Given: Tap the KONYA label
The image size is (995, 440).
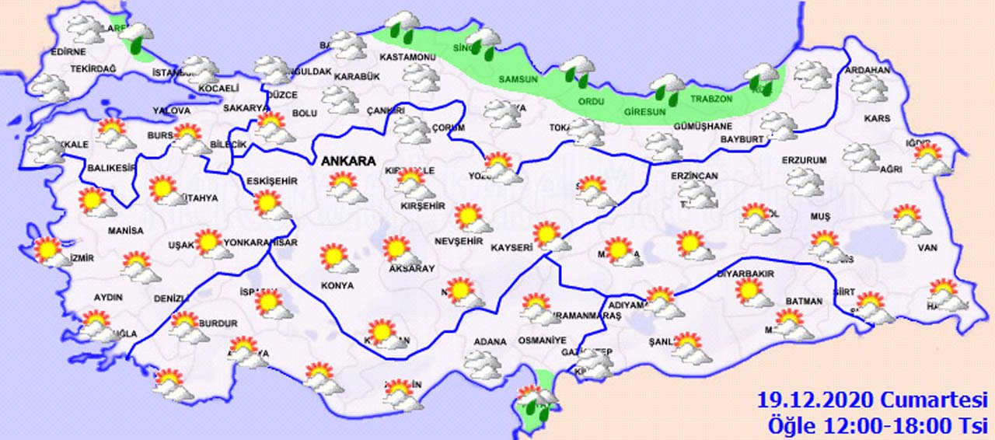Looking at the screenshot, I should [337, 285].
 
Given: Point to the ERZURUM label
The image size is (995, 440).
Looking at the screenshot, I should [804, 160].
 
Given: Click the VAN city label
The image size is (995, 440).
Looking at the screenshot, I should [928, 248].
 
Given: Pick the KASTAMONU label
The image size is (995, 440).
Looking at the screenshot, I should [407, 58].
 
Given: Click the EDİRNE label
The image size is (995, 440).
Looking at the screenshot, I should [67, 52].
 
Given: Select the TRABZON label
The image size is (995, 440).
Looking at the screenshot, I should [711, 100].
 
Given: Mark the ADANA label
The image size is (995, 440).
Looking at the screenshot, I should [490, 341].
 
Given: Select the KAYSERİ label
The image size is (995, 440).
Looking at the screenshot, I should [511, 248].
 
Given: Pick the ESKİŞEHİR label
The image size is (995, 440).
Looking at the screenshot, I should [271, 181].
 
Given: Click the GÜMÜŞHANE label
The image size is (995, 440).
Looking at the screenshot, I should [681, 127].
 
